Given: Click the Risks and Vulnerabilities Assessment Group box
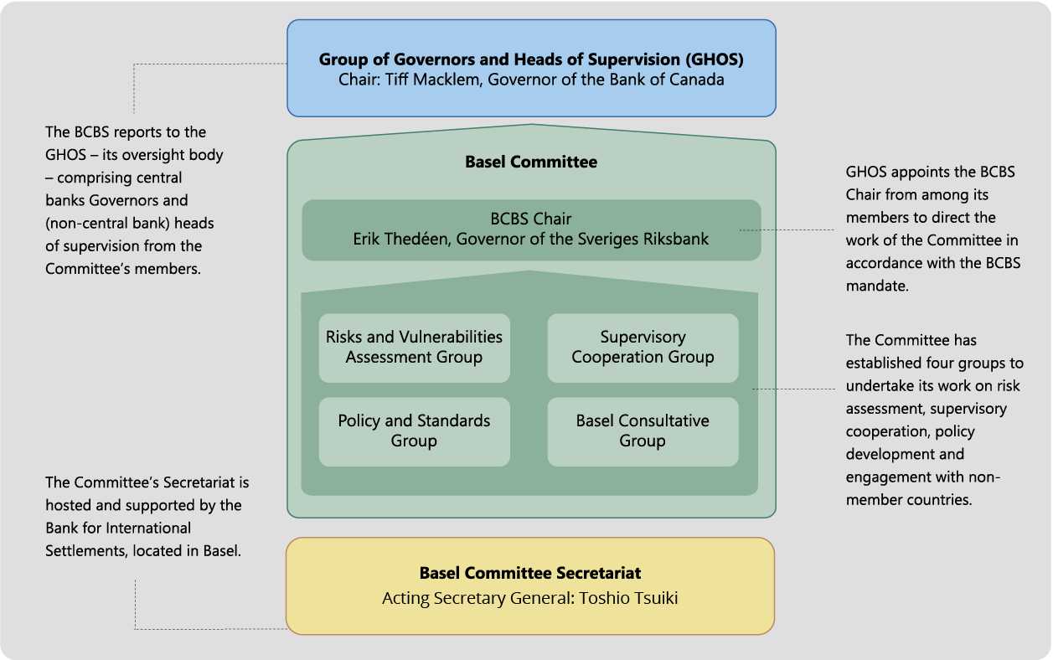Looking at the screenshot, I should click(414, 348).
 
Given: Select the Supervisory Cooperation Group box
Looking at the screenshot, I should click(643, 348).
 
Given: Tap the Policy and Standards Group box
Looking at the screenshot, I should click(414, 431).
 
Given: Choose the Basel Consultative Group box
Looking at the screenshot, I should click(643, 431).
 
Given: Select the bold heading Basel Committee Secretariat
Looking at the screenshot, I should click(530, 574).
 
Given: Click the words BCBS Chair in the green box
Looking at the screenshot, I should click(531, 219).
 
